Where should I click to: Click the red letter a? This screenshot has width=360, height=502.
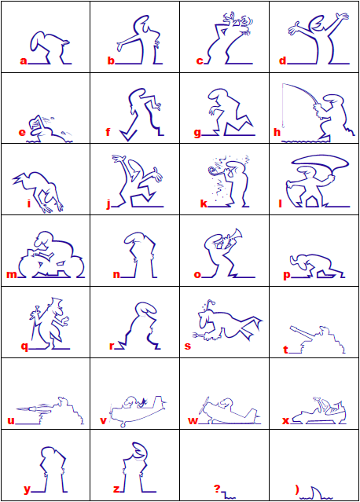pyautogui.click(x=24, y=60)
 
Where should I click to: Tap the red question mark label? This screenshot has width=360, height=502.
pyautogui.click(x=217, y=489)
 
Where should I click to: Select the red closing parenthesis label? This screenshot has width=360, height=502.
pyautogui.click(x=297, y=489)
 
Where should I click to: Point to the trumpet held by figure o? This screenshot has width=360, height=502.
pyautogui.click(x=233, y=236)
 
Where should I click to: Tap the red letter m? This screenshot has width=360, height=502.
pyautogui.click(x=12, y=275)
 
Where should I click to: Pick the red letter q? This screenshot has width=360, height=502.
pyautogui.click(x=24, y=346)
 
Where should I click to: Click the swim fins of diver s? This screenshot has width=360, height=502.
pyautogui.click(x=251, y=327)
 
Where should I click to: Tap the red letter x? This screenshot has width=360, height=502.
pyautogui.click(x=285, y=420)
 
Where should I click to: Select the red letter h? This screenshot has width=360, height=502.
pyautogui.click(x=277, y=132)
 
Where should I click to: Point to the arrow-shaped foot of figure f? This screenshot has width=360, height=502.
pyautogui.click(x=128, y=134)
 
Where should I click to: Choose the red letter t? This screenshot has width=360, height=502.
pyautogui.click(x=285, y=350)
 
